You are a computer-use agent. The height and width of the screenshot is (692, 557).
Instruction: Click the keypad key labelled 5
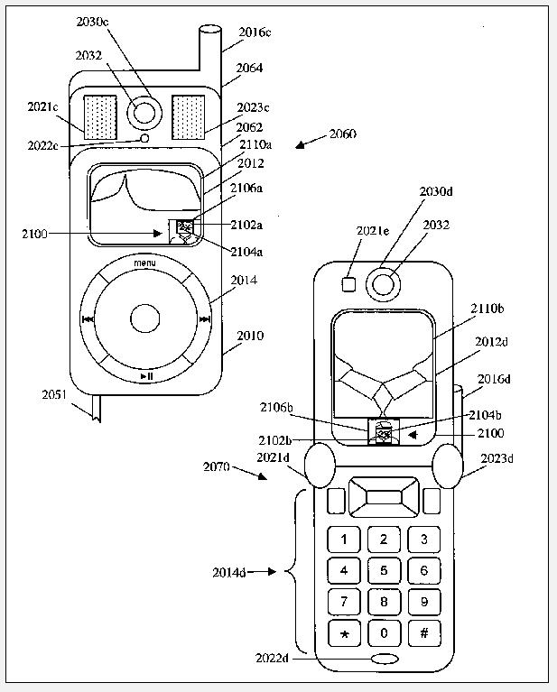[384, 571]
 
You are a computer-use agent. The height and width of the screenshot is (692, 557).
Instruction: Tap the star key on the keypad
[344, 633]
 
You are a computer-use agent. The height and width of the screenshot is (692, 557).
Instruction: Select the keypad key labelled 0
[384, 633]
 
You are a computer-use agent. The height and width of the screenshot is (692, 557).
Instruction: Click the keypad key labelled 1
[344, 540]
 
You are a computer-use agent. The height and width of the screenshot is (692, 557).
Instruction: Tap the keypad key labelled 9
[423, 602]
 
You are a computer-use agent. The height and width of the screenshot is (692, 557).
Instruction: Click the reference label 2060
[343, 134]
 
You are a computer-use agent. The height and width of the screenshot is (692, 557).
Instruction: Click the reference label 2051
[56, 394]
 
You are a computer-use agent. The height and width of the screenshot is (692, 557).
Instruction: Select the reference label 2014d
[229, 572]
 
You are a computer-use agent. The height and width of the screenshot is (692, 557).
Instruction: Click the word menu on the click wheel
[144, 263]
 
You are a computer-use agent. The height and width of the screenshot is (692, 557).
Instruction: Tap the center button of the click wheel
[144, 318]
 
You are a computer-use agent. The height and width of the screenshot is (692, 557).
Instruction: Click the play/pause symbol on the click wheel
[145, 375]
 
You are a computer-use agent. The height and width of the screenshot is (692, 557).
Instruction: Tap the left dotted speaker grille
[100, 117]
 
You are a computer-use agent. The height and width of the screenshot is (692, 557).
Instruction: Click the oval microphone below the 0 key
[385, 660]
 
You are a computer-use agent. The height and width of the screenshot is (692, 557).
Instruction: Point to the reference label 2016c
[255, 33]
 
